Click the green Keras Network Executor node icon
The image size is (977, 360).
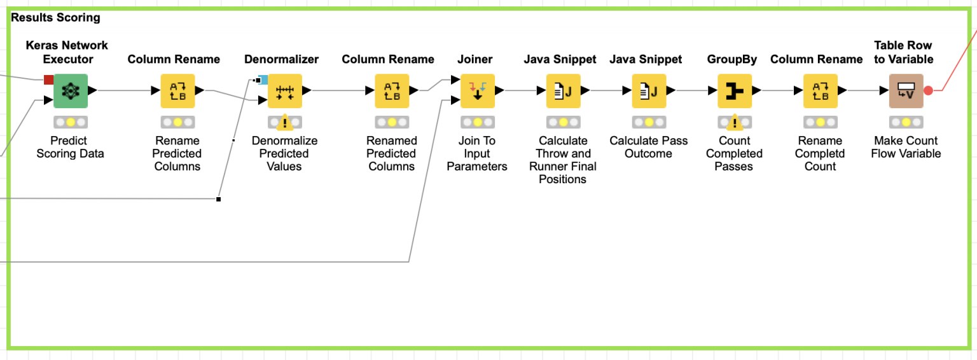tap(70, 91)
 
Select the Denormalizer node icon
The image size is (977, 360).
tap(284, 91)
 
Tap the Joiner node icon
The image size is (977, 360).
tap(477, 91)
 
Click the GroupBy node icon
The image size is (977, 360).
tap(735, 91)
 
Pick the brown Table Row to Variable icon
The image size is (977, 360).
tap(906, 91)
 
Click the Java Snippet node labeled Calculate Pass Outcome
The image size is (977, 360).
tap(649, 91)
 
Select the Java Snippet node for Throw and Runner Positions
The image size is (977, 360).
tap(563, 91)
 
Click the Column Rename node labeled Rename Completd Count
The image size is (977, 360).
tap(821, 91)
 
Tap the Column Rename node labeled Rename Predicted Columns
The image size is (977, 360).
tap(177, 91)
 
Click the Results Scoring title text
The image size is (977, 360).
tap(56, 18)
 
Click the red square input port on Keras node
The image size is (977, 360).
tap(48, 80)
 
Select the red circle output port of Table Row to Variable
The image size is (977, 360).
tap(928, 91)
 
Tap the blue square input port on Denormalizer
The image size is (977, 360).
tap(263, 80)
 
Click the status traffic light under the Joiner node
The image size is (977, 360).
tap(477, 122)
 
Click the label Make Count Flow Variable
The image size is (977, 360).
tap(906, 147)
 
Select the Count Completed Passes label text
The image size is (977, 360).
tap(735, 153)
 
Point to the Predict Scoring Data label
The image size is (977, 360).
tap(70, 147)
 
